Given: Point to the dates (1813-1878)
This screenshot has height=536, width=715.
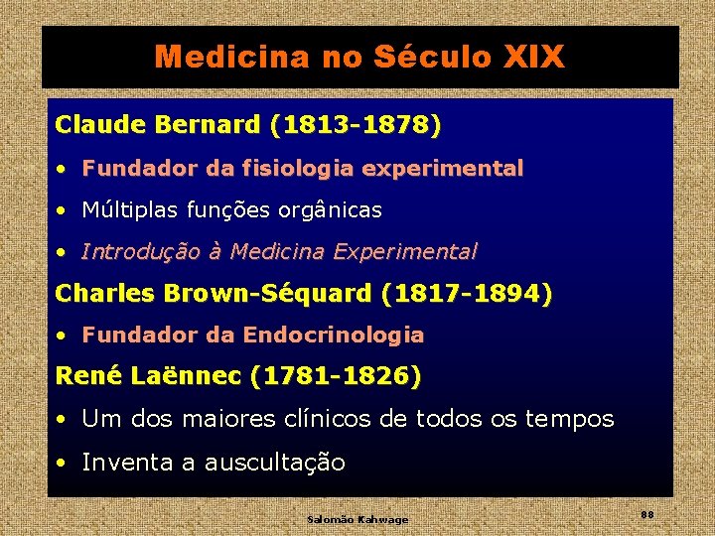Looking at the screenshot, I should (x=356, y=125).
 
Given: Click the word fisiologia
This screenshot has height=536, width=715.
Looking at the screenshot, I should (x=304, y=169).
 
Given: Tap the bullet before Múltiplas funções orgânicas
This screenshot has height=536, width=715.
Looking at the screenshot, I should (x=62, y=210).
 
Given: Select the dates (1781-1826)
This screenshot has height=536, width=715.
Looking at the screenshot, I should (x=336, y=376).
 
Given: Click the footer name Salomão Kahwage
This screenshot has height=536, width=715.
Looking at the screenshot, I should (x=357, y=519).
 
